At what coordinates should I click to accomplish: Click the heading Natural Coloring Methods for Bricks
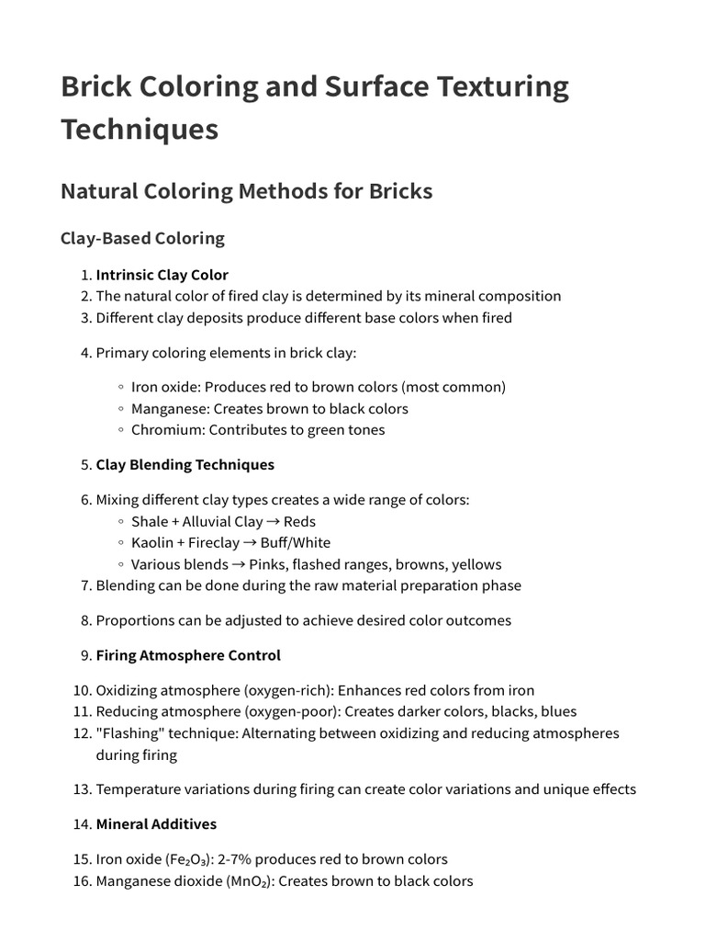[246, 191]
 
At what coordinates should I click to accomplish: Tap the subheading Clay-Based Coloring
[142, 238]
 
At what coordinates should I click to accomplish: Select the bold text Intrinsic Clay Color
[162, 275]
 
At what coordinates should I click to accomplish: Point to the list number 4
[85, 353]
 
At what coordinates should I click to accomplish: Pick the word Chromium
[166, 430]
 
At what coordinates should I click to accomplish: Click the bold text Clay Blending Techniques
[185, 465]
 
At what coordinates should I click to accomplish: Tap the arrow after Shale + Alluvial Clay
[273, 522]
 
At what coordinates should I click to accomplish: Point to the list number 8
[85, 620]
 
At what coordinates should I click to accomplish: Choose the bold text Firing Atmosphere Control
[188, 656]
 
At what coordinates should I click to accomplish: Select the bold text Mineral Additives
[156, 824]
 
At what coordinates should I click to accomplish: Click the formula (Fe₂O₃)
[191, 860]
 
